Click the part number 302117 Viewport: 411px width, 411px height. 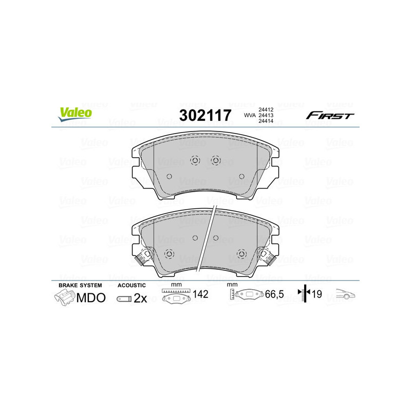[205, 115]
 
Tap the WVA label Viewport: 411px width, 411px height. [249, 115]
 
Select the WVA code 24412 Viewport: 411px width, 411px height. [265, 109]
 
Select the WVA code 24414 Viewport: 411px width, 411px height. [265, 122]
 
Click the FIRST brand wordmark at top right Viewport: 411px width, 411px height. [330, 116]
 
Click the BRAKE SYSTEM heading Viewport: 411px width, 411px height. [80, 285]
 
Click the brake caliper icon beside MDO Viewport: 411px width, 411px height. [65, 297]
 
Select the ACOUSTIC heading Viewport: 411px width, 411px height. [132, 285]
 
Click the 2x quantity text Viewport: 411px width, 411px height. [140, 298]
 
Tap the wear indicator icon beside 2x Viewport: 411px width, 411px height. [124, 298]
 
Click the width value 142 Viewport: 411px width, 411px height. [200, 294]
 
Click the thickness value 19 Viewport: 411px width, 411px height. [317, 294]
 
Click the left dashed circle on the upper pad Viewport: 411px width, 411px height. [195, 160]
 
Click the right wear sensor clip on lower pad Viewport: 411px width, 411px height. [268, 255]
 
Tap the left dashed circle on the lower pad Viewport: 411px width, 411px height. [169, 254]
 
